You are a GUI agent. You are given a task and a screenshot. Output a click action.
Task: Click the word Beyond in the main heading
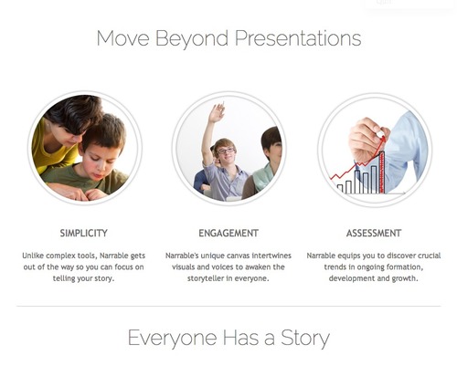pyautogui.click(x=192, y=39)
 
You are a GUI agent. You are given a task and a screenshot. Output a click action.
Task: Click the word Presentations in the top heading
pyautogui.click(x=298, y=38)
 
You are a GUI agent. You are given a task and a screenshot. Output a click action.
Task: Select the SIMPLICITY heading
pyautogui.click(x=84, y=234)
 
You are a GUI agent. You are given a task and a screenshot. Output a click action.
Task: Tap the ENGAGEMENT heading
pyautogui.click(x=228, y=234)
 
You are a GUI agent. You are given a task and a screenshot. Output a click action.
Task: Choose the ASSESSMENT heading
pyautogui.click(x=374, y=234)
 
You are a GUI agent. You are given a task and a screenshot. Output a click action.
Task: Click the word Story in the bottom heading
pyautogui.click(x=305, y=339)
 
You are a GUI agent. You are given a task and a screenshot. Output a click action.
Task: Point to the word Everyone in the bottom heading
pyautogui.click(x=173, y=339)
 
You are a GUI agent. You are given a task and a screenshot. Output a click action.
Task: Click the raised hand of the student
pyautogui.click(x=217, y=112)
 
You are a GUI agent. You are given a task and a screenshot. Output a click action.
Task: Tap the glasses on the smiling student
pyautogui.click(x=226, y=151)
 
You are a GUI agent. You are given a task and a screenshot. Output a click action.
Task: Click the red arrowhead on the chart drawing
pyautogui.click(x=383, y=140)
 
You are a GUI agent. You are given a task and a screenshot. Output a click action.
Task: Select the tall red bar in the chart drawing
pyautogui.click(x=381, y=173)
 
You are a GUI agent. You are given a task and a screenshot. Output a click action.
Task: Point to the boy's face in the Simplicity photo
pyautogui.click(x=99, y=164)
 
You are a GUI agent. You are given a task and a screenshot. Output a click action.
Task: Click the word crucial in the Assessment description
pyautogui.click(x=430, y=256)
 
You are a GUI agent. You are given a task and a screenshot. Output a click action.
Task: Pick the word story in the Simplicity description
pyautogui.click(x=104, y=278)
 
